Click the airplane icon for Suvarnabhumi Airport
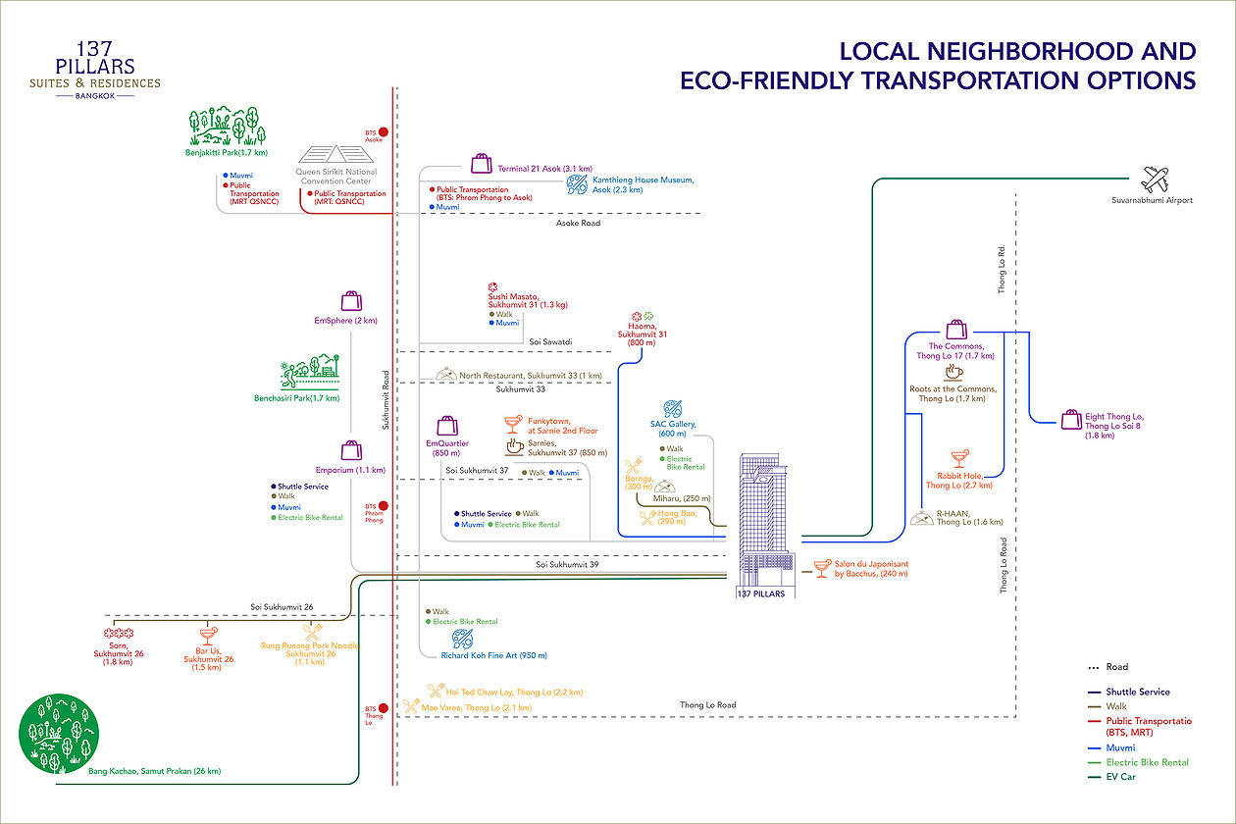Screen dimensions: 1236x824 [x=1155, y=180]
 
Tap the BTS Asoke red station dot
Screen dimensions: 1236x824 [x=383, y=131]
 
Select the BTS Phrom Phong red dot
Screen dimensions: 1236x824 [x=383, y=505]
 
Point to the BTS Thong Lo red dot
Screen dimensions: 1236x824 [x=383, y=708]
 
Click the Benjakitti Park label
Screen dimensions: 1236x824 [x=227, y=152]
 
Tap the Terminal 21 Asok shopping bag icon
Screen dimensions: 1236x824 [x=481, y=164]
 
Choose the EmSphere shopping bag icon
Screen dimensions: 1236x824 [x=351, y=301]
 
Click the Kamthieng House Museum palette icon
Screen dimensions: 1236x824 [x=577, y=184]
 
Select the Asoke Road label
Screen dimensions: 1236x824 [x=578, y=223]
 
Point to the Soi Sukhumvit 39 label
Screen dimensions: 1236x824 [x=567, y=565]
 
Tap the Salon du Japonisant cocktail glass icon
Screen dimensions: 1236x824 [x=822, y=569]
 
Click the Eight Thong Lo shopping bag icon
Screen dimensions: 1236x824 [x=1071, y=420]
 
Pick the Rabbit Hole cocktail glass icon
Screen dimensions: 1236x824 [x=960, y=459]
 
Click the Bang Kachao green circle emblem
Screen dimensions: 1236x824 [x=59, y=734]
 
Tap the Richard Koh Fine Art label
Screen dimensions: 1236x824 [x=493, y=655]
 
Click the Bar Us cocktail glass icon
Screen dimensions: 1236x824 [x=209, y=636]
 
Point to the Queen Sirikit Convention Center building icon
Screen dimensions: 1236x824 [x=336, y=154]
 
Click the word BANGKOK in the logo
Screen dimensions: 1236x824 [x=95, y=96]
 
